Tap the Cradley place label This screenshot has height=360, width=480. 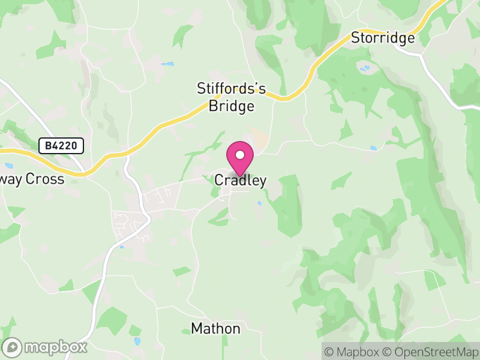[x=240, y=180]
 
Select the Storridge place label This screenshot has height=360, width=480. [x=383, y=38]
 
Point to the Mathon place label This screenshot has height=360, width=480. [x=215, y=329]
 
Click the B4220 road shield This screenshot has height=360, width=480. [x=61, y=145]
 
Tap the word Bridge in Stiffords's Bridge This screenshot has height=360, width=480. [x=232, y=107]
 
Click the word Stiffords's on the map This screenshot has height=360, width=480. [x=232, y=89]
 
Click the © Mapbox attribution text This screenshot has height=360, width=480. [x=355, y=352]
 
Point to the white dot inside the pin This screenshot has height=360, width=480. [x=240, y=155]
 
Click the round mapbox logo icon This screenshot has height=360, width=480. [x=13, y=347]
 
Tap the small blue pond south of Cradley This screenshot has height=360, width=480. [x=259, y=203]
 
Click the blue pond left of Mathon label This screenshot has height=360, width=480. [x=138, y=341]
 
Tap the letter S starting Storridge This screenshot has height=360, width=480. [x=355, y=38]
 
